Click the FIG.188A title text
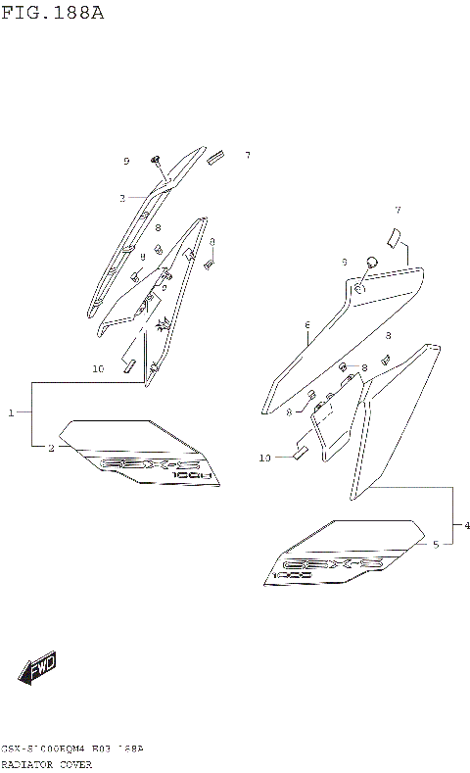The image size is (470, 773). click(52, 13)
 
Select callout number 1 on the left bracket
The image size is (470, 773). click(12, 413)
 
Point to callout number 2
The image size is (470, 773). click(51, 448)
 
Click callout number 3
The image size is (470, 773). click(122, 199)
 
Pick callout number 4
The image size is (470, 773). click(467, 526)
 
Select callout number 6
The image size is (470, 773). click(306, 325)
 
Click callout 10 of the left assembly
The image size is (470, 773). click(98, 369)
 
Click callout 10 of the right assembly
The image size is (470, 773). click(264, 457)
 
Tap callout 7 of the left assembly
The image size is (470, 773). click(247, 156)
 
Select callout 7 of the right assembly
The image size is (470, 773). click(398, 211)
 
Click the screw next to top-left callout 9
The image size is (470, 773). click(156, 159)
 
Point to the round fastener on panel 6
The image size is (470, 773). click(372, 261)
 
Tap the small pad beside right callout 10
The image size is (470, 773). click(302, 452)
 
